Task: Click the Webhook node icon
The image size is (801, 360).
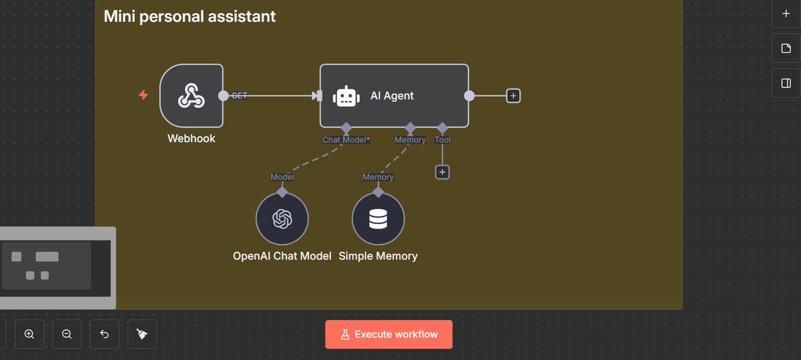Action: tap(191, 96)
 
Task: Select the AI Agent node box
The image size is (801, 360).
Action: tap(394, 96)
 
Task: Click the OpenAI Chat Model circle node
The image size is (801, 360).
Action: tap(282, 219)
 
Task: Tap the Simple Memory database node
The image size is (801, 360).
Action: tap(378, 219)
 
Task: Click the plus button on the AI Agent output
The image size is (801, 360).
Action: tap(513, 96)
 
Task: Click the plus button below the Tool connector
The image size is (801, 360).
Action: tap(442, 172)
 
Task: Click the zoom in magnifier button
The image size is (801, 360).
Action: tap(29, 334)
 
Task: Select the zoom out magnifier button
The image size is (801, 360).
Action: tap(67, 334)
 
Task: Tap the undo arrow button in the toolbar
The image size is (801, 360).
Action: tap(104, 334)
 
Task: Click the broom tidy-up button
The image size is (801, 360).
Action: tap(142, 334)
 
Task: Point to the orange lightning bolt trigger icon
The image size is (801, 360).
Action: tap(144, 96)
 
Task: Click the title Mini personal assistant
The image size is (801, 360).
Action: tap(190, 16)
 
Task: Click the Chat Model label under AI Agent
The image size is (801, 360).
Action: tap(345, 140)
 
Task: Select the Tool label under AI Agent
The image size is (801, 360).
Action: tap(442, 140)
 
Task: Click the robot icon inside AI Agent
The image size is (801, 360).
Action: tap(347, 96)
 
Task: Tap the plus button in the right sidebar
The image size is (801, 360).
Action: tap(786, 13)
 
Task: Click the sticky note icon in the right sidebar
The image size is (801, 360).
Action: tap(786, 49)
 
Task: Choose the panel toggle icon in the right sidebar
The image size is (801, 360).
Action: tap(786, 83)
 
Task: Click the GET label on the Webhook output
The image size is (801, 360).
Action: tap(239, 96)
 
